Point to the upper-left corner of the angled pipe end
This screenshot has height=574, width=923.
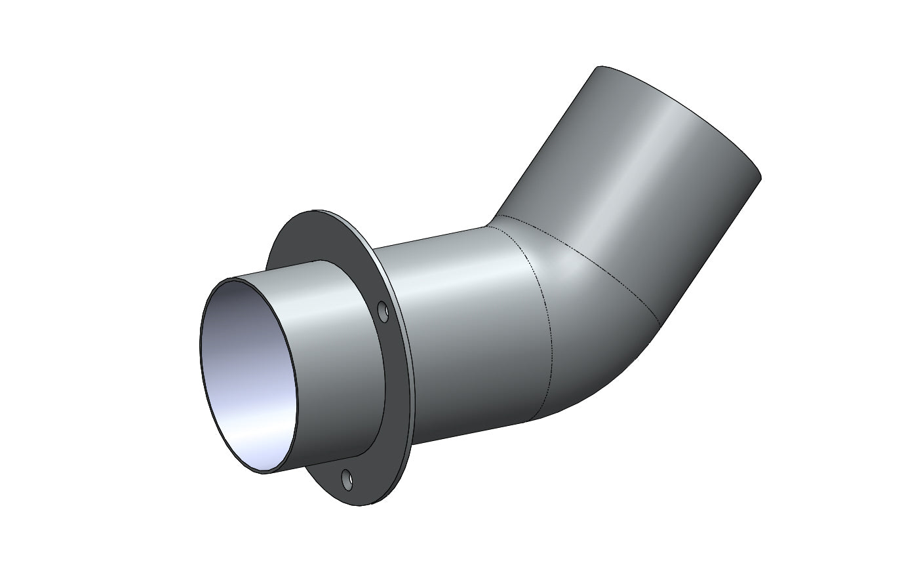(x=599, y=67)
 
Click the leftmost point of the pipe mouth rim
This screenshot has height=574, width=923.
(x=199, y=341)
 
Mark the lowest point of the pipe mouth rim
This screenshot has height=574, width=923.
(x=265, y=473)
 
